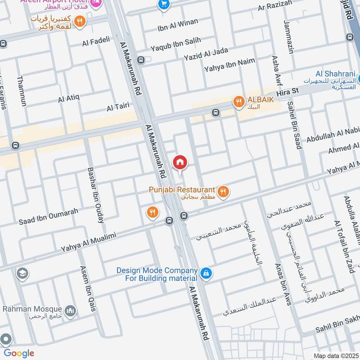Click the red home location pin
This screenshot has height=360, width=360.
(180, 162)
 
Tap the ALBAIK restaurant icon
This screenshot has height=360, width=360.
(238, 103)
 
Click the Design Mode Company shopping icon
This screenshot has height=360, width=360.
(206, 273)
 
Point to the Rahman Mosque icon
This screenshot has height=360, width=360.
(70, 310)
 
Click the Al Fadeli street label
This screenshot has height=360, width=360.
(96, 43)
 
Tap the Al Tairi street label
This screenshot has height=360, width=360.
(118, 107)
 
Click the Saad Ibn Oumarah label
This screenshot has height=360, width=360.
(49, 216)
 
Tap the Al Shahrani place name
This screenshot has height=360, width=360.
(335, 74)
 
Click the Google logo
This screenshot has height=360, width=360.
(19, 353)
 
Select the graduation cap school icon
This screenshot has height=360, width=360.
(22, 273)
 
